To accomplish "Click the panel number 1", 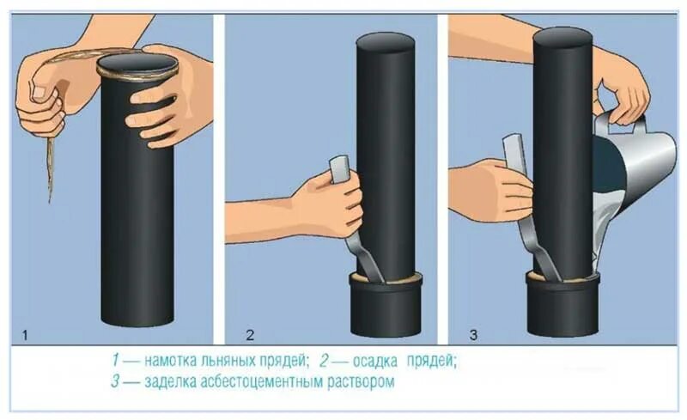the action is (x=25, y=336).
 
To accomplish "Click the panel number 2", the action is (x=250, y=336).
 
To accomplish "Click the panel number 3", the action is (x=473, y=336).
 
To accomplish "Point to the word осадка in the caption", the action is (x=375, y=362).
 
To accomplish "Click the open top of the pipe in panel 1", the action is (x=137, y=63).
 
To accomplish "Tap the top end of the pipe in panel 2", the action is (x=386, y=41).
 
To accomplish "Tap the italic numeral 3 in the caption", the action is (x=115, y=382).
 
